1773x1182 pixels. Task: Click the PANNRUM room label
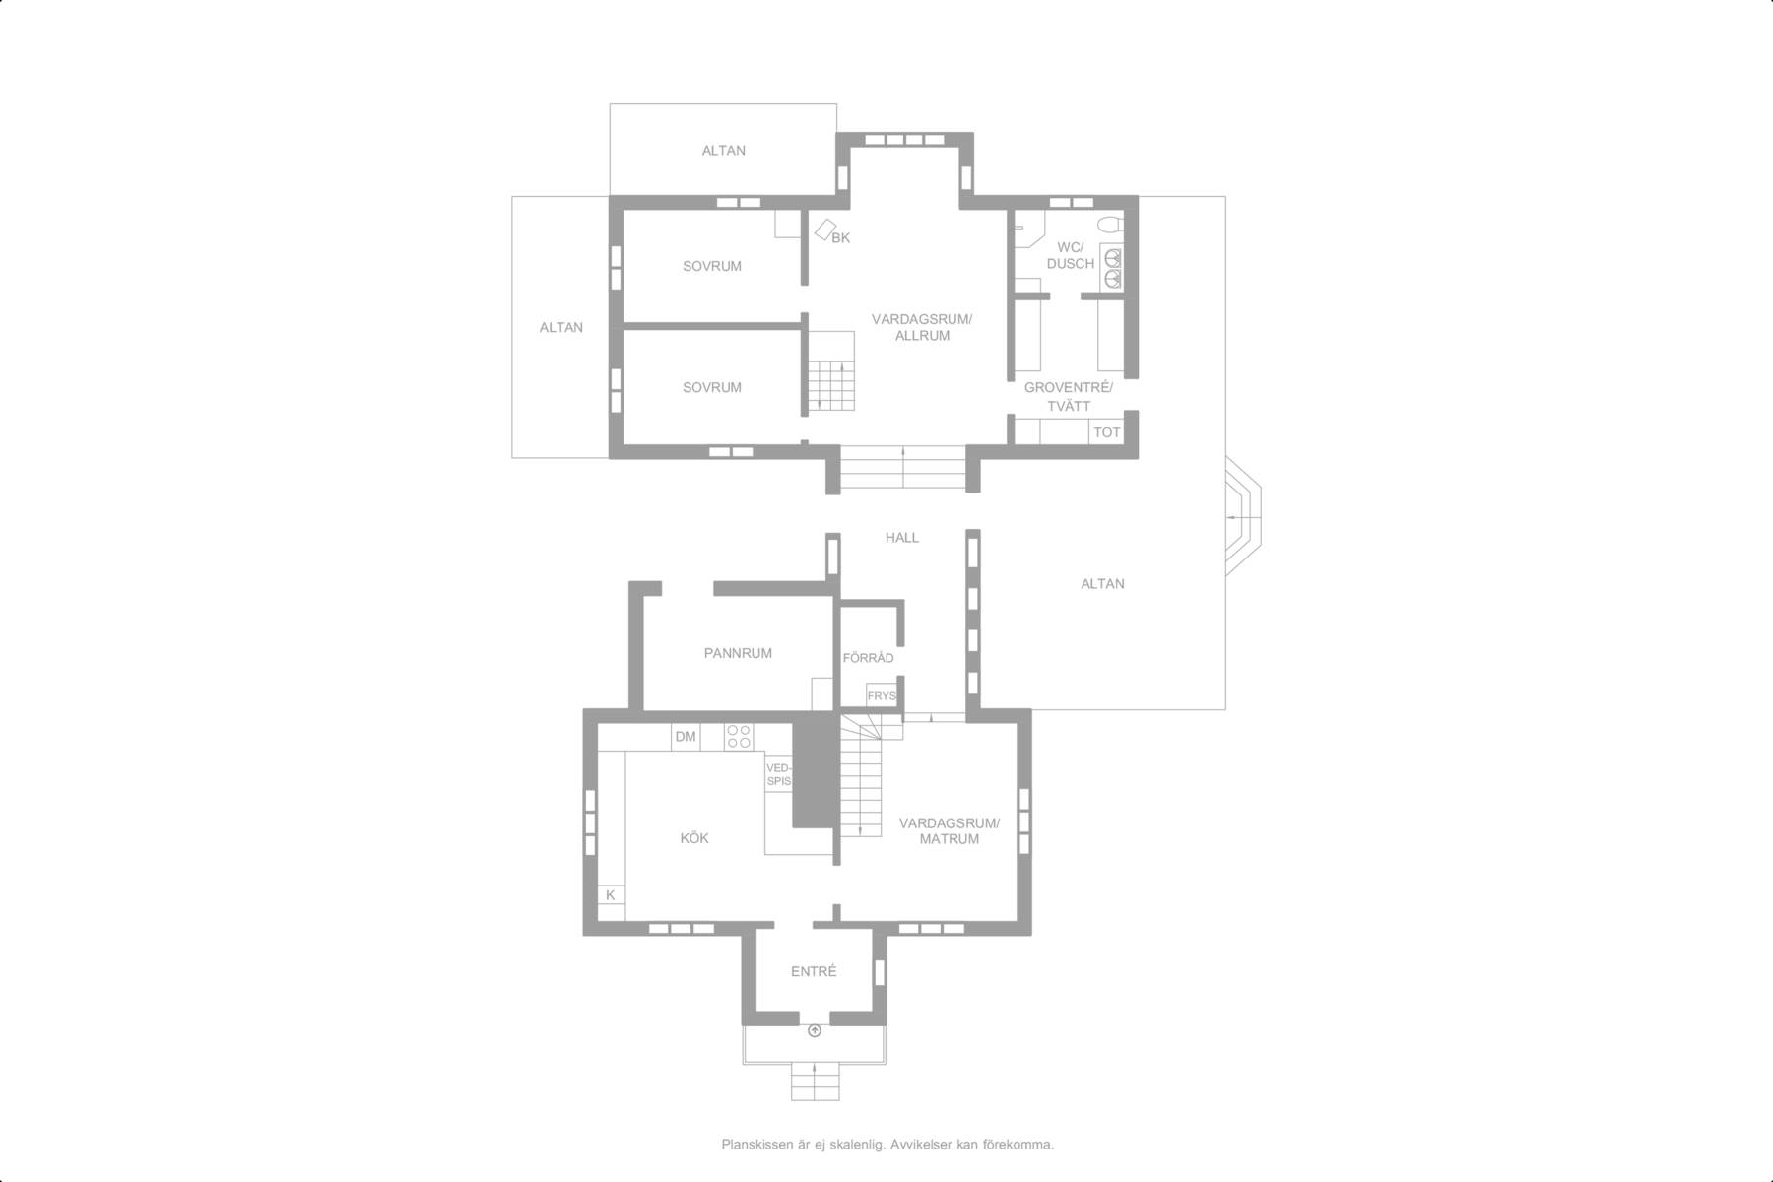[738, 653]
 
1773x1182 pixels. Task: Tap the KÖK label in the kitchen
[694, 838]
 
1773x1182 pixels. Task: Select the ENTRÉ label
[814, 971]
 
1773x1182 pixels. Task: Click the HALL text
[902, 537]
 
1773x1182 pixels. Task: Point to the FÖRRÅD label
[868, 658]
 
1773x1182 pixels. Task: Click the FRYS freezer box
[882, 696]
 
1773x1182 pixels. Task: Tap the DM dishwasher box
[686, 737]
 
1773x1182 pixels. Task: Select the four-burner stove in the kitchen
[739, 737]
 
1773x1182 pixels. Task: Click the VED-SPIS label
[778, 774]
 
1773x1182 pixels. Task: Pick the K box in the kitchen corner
[611, 895]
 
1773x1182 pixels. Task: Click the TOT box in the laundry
[1107, 432]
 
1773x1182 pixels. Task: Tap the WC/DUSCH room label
[1071, 255]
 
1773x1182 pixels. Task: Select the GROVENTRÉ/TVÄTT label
[1069, 396]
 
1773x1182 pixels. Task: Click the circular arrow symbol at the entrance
[815, 1031]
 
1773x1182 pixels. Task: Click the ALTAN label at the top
[723, 151]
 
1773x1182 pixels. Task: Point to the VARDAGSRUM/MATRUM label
[950, 831]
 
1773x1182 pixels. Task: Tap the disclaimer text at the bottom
[887, 1145]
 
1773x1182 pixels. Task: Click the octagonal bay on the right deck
[1243, 516]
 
